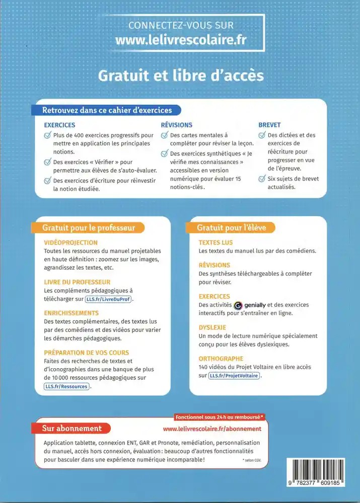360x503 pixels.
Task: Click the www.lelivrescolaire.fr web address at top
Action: [181, 40]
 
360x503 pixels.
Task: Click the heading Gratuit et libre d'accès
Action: [181, 75]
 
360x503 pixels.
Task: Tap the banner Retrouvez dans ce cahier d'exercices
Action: [107, 110]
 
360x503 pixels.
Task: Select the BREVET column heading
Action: [269, 125]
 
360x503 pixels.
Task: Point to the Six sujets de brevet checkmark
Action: [262, 179]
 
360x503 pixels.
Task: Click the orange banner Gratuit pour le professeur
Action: [89, 228]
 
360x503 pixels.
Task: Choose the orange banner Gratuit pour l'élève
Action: [231, 228]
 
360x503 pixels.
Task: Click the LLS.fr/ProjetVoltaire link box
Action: [234, 376]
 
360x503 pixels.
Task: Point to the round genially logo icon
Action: [239, 305]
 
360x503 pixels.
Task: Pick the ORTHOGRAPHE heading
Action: [221, 359]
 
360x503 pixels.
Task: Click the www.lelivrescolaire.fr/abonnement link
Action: [212, 429]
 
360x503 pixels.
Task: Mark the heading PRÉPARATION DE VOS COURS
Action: [87, 353]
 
